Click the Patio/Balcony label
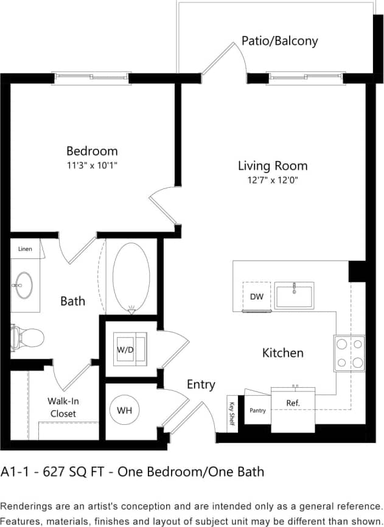(279, 41)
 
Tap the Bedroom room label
(92, 151)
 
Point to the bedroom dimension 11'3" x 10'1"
(92, 165)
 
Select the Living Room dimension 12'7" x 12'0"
(272, 180)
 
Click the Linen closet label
(25, 249)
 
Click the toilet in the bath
(27, 337)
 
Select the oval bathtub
(131, 277)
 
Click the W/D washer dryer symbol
(131, 350)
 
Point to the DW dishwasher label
(256, 297)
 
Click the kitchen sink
(294, 295)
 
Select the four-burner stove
(349, 353)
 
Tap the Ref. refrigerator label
(293, 403)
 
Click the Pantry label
(257, 410)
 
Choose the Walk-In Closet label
(63, 407)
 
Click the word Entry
(201, 384)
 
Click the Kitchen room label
(282, 353)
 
